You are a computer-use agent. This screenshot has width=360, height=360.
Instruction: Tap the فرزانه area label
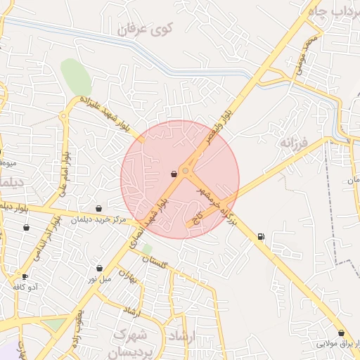tap(295, 143)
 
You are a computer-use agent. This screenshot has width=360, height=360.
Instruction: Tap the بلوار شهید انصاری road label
tap(148, 220)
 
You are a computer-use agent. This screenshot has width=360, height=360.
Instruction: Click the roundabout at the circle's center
tap(186, 171)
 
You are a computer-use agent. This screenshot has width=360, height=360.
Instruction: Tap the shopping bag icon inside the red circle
tap(174, 173)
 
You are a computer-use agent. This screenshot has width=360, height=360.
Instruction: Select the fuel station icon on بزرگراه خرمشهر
tap(262, 237)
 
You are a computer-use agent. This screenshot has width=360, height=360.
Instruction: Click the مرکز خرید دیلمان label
tap(98, 220)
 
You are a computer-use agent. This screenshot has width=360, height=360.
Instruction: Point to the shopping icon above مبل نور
tap(99, 268)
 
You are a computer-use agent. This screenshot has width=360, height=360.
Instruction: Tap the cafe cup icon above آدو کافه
tap(25, 276)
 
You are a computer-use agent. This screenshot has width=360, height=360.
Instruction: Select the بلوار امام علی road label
tap(63, 169)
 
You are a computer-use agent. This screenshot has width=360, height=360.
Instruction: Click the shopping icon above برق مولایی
tap(341, 333)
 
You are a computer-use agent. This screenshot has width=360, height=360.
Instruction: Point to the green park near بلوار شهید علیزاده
tap(76, 76)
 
